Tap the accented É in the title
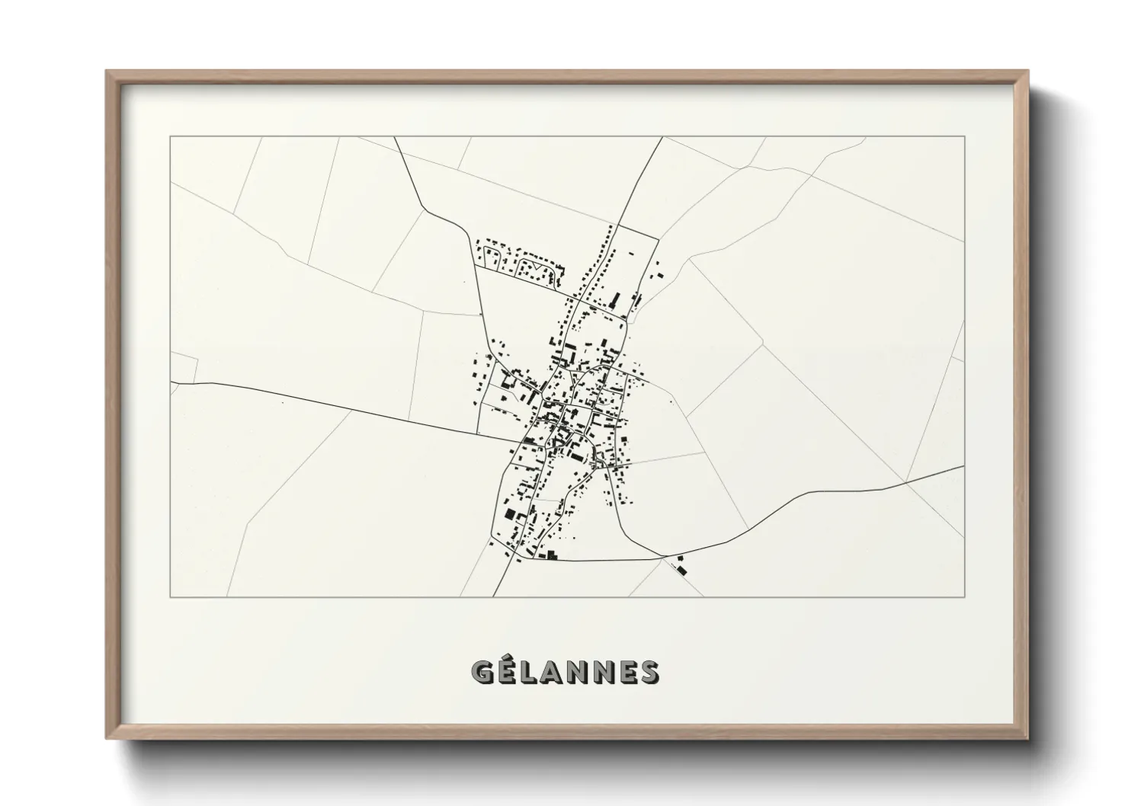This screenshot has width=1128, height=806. (508, 672)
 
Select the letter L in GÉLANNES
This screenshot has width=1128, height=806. (530, 672)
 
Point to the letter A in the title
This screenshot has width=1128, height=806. (556, 672)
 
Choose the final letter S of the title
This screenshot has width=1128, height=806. (650, 672)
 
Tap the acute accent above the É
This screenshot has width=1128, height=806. (508, 657)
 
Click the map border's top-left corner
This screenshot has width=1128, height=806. (170, 136)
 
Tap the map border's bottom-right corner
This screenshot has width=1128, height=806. (964, 597)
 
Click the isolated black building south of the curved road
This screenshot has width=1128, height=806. (681, 568)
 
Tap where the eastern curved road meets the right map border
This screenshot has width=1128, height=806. (963, 465)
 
